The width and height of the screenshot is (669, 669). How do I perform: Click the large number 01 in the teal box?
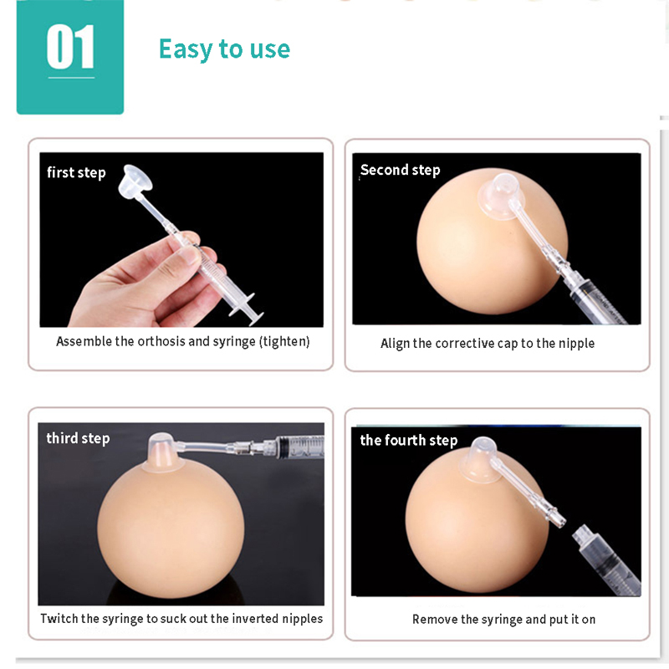click(x=70, y=47)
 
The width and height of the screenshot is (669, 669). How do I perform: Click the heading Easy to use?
click(x=224, y=49)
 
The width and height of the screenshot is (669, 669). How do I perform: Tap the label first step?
click(x=76, y=173)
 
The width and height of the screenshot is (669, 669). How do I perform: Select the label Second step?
click(x=401, y=171)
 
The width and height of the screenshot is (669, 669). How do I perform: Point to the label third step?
click(x=78, y=438)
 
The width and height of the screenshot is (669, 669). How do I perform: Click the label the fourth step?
click(x=409, y=441)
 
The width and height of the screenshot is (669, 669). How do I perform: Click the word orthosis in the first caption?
click(x=161, y=342)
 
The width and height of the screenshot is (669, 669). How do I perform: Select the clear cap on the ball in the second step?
click(x=498, y=197)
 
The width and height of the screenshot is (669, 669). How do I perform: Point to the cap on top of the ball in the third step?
click(x=161, y=453)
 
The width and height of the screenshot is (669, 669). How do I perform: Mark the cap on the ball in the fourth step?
click(x=482, y=461)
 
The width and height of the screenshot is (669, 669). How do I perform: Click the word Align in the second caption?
click(x=395, y=344)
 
